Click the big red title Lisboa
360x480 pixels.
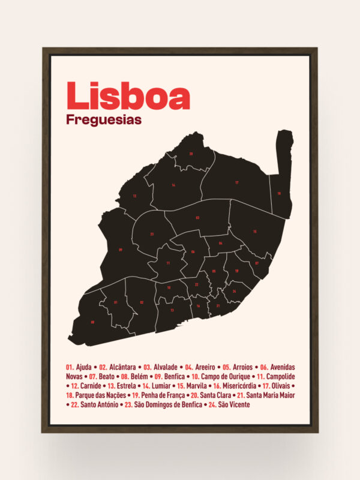[128, 96]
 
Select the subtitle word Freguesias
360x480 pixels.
[104, 119]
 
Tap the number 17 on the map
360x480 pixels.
[237, 182]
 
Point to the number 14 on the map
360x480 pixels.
[173, 185]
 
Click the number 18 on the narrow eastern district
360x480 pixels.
[279, 193]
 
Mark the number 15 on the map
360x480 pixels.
[255, 231]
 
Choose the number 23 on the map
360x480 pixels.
[152, 233]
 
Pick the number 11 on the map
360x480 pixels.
[168, 263]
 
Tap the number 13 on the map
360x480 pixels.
[172, 310]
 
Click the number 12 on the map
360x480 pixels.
[134, 196]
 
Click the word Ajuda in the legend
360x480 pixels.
[85, 367]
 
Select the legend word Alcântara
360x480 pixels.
[123, 367]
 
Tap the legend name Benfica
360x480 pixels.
[174, 376]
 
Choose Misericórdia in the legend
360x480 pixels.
[241, 386]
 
